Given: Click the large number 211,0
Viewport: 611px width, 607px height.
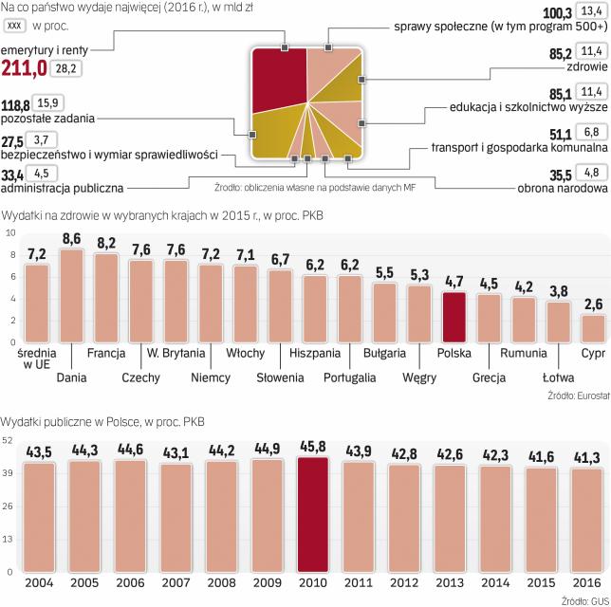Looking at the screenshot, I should [x=25, y=67].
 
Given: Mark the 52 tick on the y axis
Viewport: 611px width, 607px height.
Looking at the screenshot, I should [x=9, y=441].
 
